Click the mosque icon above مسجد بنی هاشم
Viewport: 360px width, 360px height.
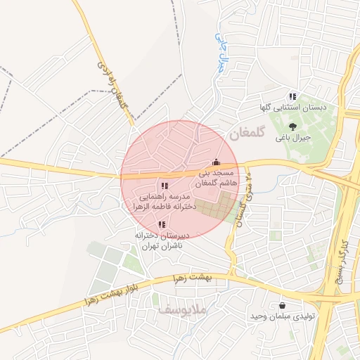tap(216, 160)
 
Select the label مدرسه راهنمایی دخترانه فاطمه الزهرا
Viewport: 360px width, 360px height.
tap(164, 203)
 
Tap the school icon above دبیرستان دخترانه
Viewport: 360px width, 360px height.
tap(162, 224)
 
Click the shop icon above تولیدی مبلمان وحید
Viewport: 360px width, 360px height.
tap(283, 306)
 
